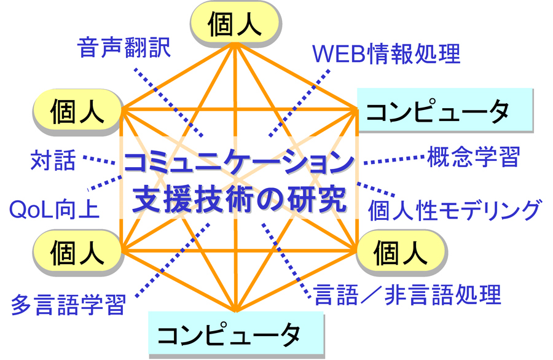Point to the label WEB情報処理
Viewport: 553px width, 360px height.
(x=386, y=55)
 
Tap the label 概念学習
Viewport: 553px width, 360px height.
(x=473, y=157)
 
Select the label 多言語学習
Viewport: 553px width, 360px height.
(x=68, y=303)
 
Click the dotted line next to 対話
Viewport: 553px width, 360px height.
(x=98, y=161)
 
